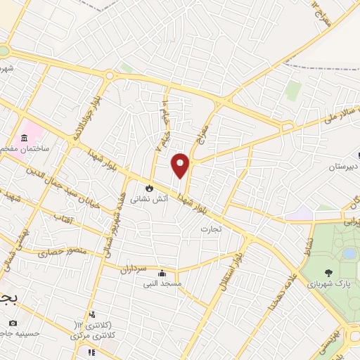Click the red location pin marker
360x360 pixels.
(x=181, y=165)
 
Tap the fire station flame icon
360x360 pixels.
(x=149, y=188)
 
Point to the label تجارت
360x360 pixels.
(x=210, y=229)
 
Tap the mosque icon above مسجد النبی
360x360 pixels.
(x=162, y=274)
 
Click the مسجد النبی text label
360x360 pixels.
(x=162, y=284)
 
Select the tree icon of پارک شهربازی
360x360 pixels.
(x=329, y=272)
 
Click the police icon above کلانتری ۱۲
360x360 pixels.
(x=91, y=314)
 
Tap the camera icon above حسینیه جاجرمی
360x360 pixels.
(x=12, y=323)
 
